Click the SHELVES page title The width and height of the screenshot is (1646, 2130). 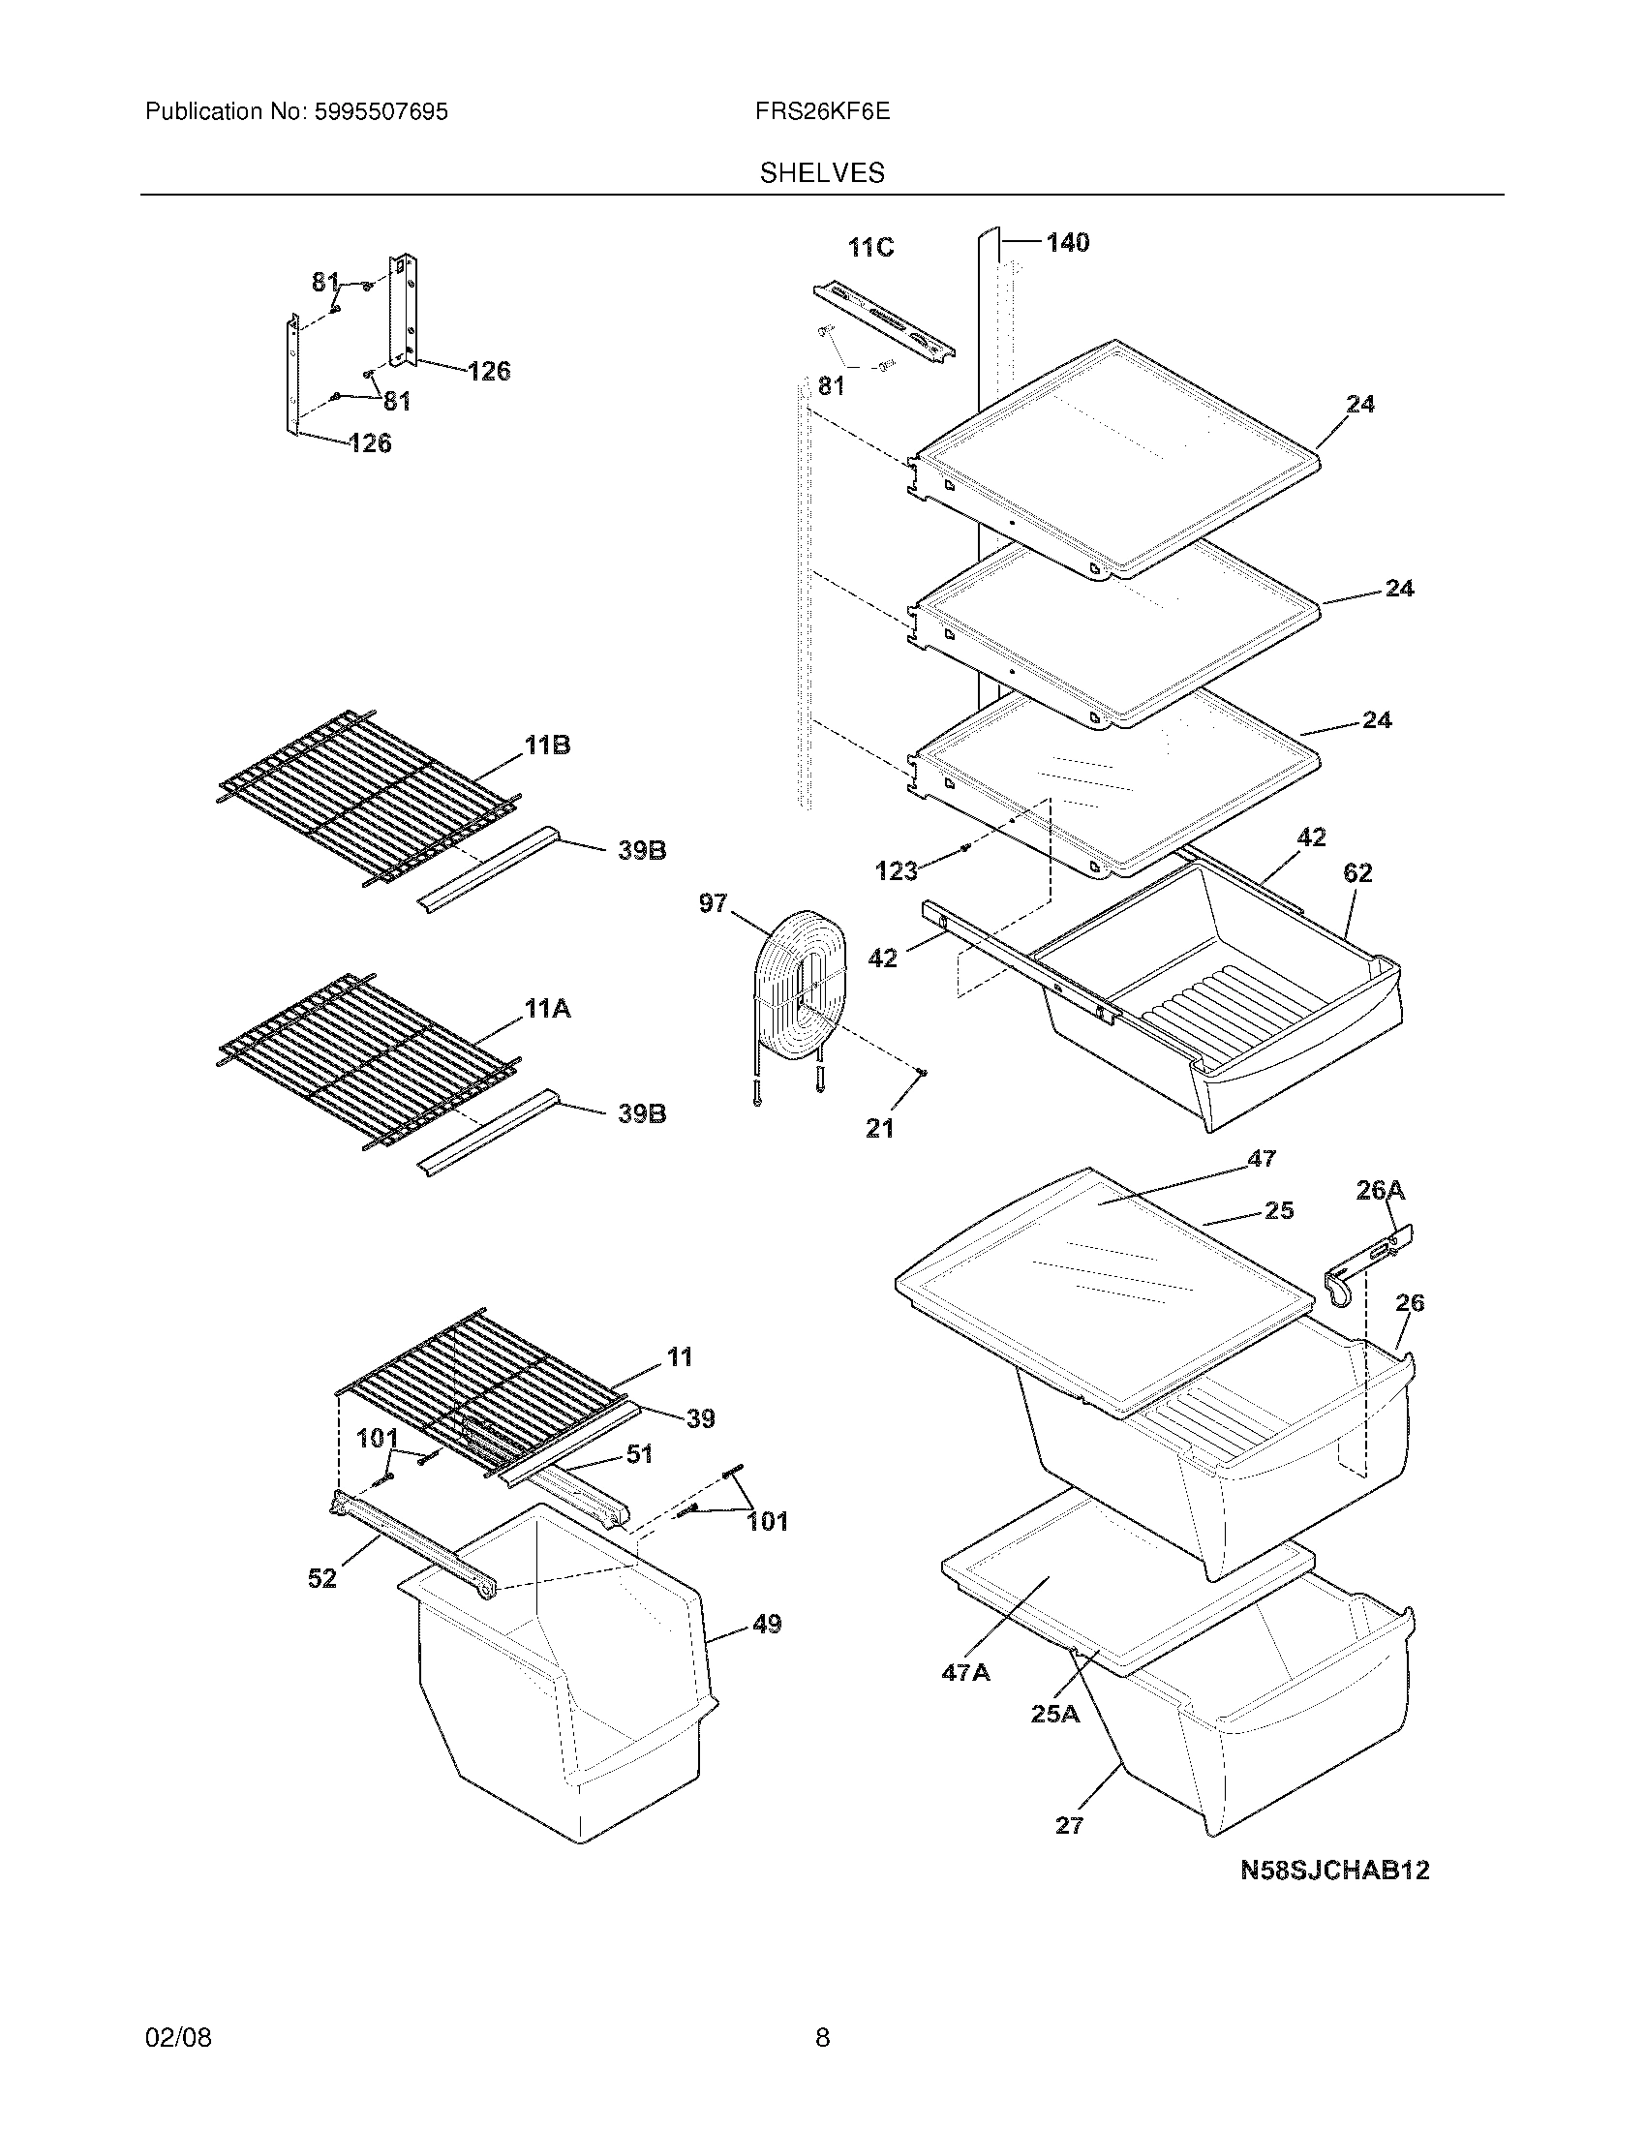822,173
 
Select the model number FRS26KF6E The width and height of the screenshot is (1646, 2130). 821,112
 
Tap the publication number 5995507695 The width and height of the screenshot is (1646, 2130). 381,112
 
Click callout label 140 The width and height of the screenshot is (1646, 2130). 1068,243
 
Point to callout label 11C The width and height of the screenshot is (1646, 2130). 869,248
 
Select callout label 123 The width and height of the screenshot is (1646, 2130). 897,871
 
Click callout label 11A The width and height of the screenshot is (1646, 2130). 547,1010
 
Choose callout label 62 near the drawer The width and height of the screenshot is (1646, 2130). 1357,873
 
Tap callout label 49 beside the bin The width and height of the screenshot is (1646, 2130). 767,1624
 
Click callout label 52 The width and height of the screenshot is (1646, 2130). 322,1578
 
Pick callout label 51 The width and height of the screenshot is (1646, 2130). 639,1480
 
